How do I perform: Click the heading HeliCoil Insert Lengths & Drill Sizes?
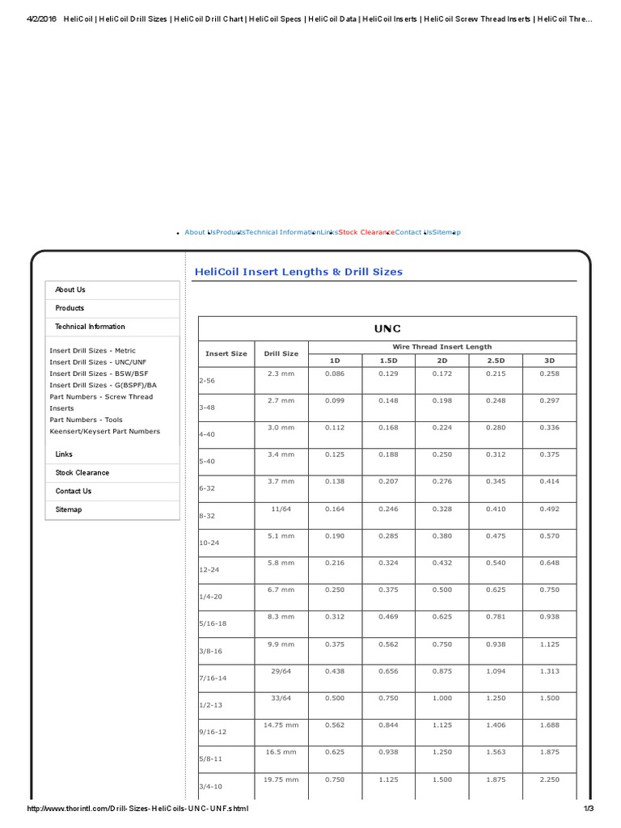click(298, 272)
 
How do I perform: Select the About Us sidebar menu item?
click(70, 289)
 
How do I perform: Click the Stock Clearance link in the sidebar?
click(82, 472)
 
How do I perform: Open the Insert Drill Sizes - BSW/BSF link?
click(99, 374)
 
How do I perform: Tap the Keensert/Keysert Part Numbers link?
click(104, 431)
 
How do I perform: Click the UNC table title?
click(387, 328)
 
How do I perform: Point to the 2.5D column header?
click(495, 360)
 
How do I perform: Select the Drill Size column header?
click(281, 353)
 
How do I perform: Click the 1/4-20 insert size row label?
click(210, 597)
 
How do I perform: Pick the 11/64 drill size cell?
click(281, 509)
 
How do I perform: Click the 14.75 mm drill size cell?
click(281, 725)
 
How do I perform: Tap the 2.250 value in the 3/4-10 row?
click(549, 779)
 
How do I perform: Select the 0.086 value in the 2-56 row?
click(335, 373)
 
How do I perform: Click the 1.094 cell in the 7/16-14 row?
click(495, 671)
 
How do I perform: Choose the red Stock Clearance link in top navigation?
click(366, 232)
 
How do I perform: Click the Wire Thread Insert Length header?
click(441, 347)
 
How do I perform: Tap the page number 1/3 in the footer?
click(588, 809)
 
